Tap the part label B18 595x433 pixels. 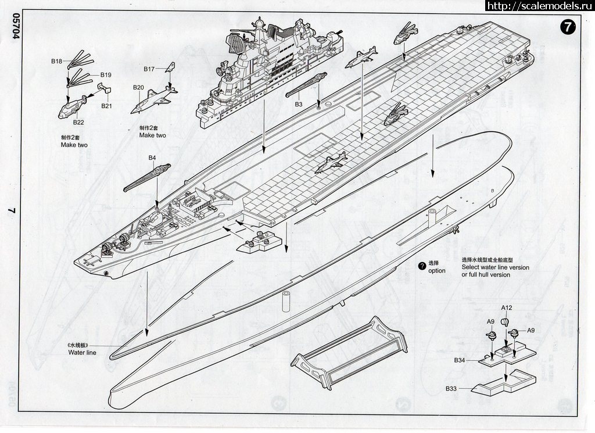[56, 61]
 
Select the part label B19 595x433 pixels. [106, 75]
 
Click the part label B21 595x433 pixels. [106, 106]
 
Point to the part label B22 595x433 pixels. [78, 122]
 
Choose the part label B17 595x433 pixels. [149, 69]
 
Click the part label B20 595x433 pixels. [138, 88]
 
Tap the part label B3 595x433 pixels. [299, 104]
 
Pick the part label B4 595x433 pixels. [152, 158]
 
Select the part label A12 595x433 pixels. [507, 307]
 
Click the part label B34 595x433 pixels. [460, 360]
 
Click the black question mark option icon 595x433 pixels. [422, 266]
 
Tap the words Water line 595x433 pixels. [82, 352]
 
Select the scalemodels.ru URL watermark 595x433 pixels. [537, 6]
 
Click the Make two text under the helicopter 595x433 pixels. [74, 145]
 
